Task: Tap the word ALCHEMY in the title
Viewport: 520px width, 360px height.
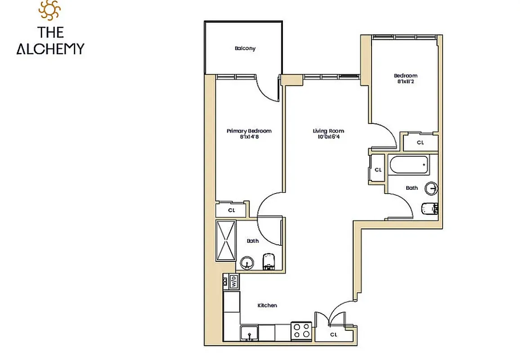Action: pyautogui.click(x=50, y=49)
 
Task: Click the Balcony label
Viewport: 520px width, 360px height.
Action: pyautogui.click(x=245, y=49)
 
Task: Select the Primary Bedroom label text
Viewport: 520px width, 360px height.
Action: pyautogui.click(x=249, y=131)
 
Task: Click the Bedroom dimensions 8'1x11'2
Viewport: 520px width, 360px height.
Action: pyautogui.click(x=405, y=81)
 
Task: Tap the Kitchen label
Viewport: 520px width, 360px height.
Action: pyautogui.click(x=267, y=306)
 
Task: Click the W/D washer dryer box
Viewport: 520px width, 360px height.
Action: pyautogui.click(x=233, y=282)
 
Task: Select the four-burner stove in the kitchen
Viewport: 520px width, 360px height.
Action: pyautogui.click(x=301, y=331)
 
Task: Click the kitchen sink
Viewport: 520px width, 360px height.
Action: pyautogui.click(x=249, y=333)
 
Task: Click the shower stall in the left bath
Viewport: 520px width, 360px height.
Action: pyautogui.click(x=226, y=240)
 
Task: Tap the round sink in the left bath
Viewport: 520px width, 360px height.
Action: pyautogui.click(x=246, y=262)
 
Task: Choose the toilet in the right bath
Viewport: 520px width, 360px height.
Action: pyautogui.click(x=430, y=208)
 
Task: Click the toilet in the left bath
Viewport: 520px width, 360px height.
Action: pyautogui.click(x=269, y=262)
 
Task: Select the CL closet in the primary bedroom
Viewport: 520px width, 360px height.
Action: pyautogui.click(x=231, y=210)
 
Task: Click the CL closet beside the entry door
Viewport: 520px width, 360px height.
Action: pyautogui.click(x=333, y=334)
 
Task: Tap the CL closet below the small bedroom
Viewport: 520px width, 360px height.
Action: pyautogui.click(x=420, y=142)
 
